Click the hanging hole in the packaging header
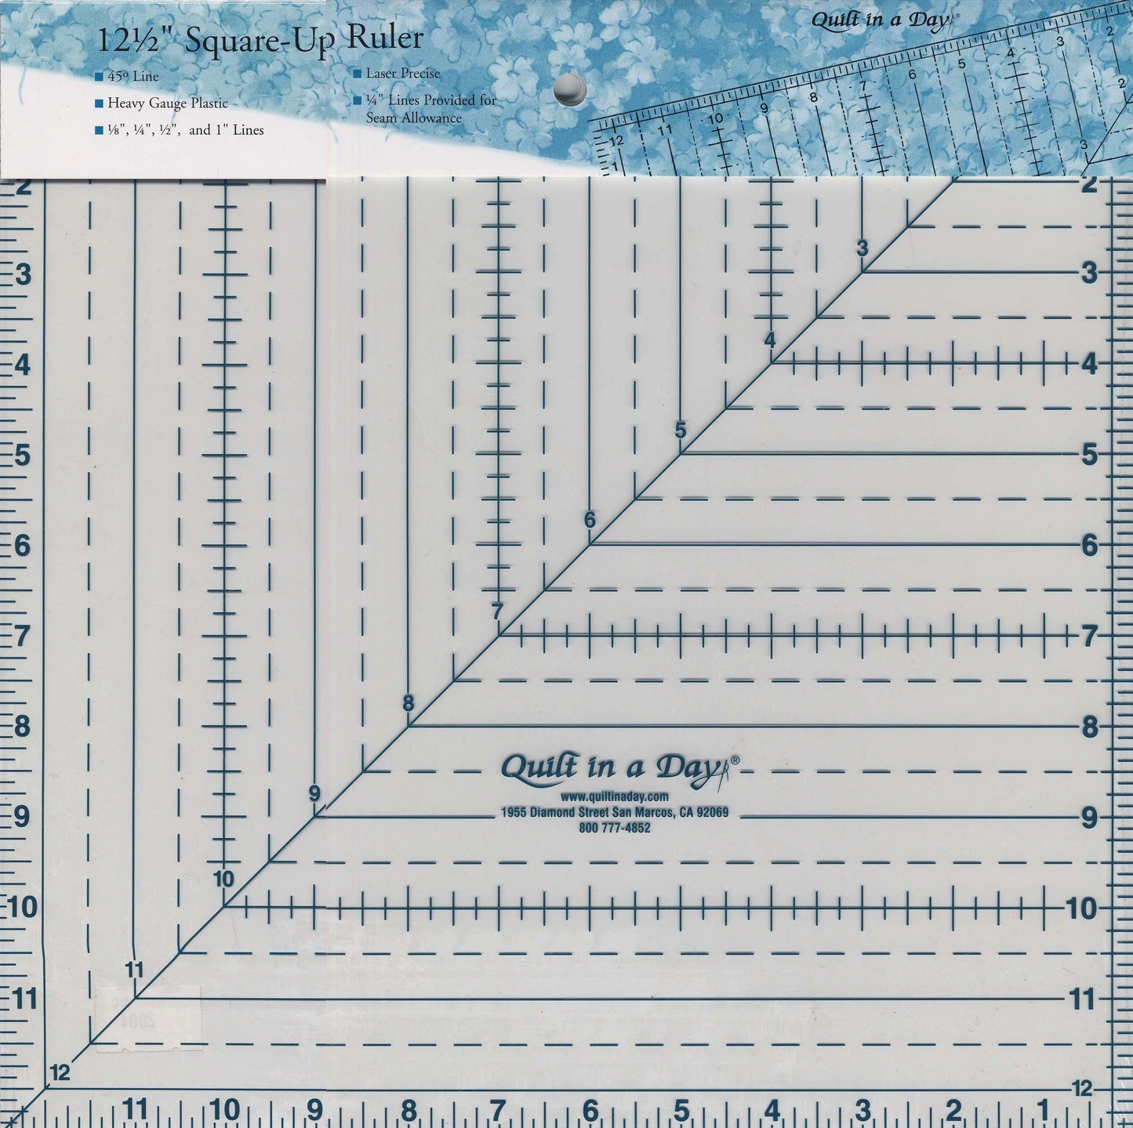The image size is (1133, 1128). pyautogui.click(x=570, y=89)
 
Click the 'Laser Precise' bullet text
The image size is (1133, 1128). pyautogui.click(x=403, y=74)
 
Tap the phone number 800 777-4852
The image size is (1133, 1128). pyautogui.click(x=615, y=828)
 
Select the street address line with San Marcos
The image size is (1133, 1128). pyautogui.click(x=615, y=813)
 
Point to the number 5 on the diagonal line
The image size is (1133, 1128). pyautogui.click(x=680, y=430)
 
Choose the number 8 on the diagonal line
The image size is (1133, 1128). pyautogui.click(x=408, y=703)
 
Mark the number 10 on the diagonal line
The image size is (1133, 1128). pyautogui.click(x=224, y=879)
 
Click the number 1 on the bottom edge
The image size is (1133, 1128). pyautogui.click(x=1044, y=1111)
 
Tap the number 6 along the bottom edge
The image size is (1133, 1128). pyautogui.click(x=590, y=1111)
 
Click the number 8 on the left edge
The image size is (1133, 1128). pyautogui.click(x=24, y=727)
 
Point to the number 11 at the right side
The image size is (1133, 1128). pyautogui.click(x=1083, y=999)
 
